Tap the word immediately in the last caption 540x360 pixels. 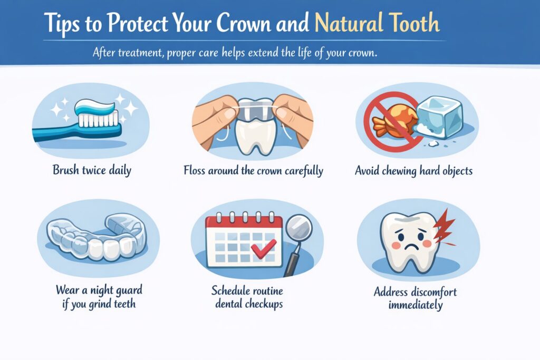pyautogui.click(x=416, y=305)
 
